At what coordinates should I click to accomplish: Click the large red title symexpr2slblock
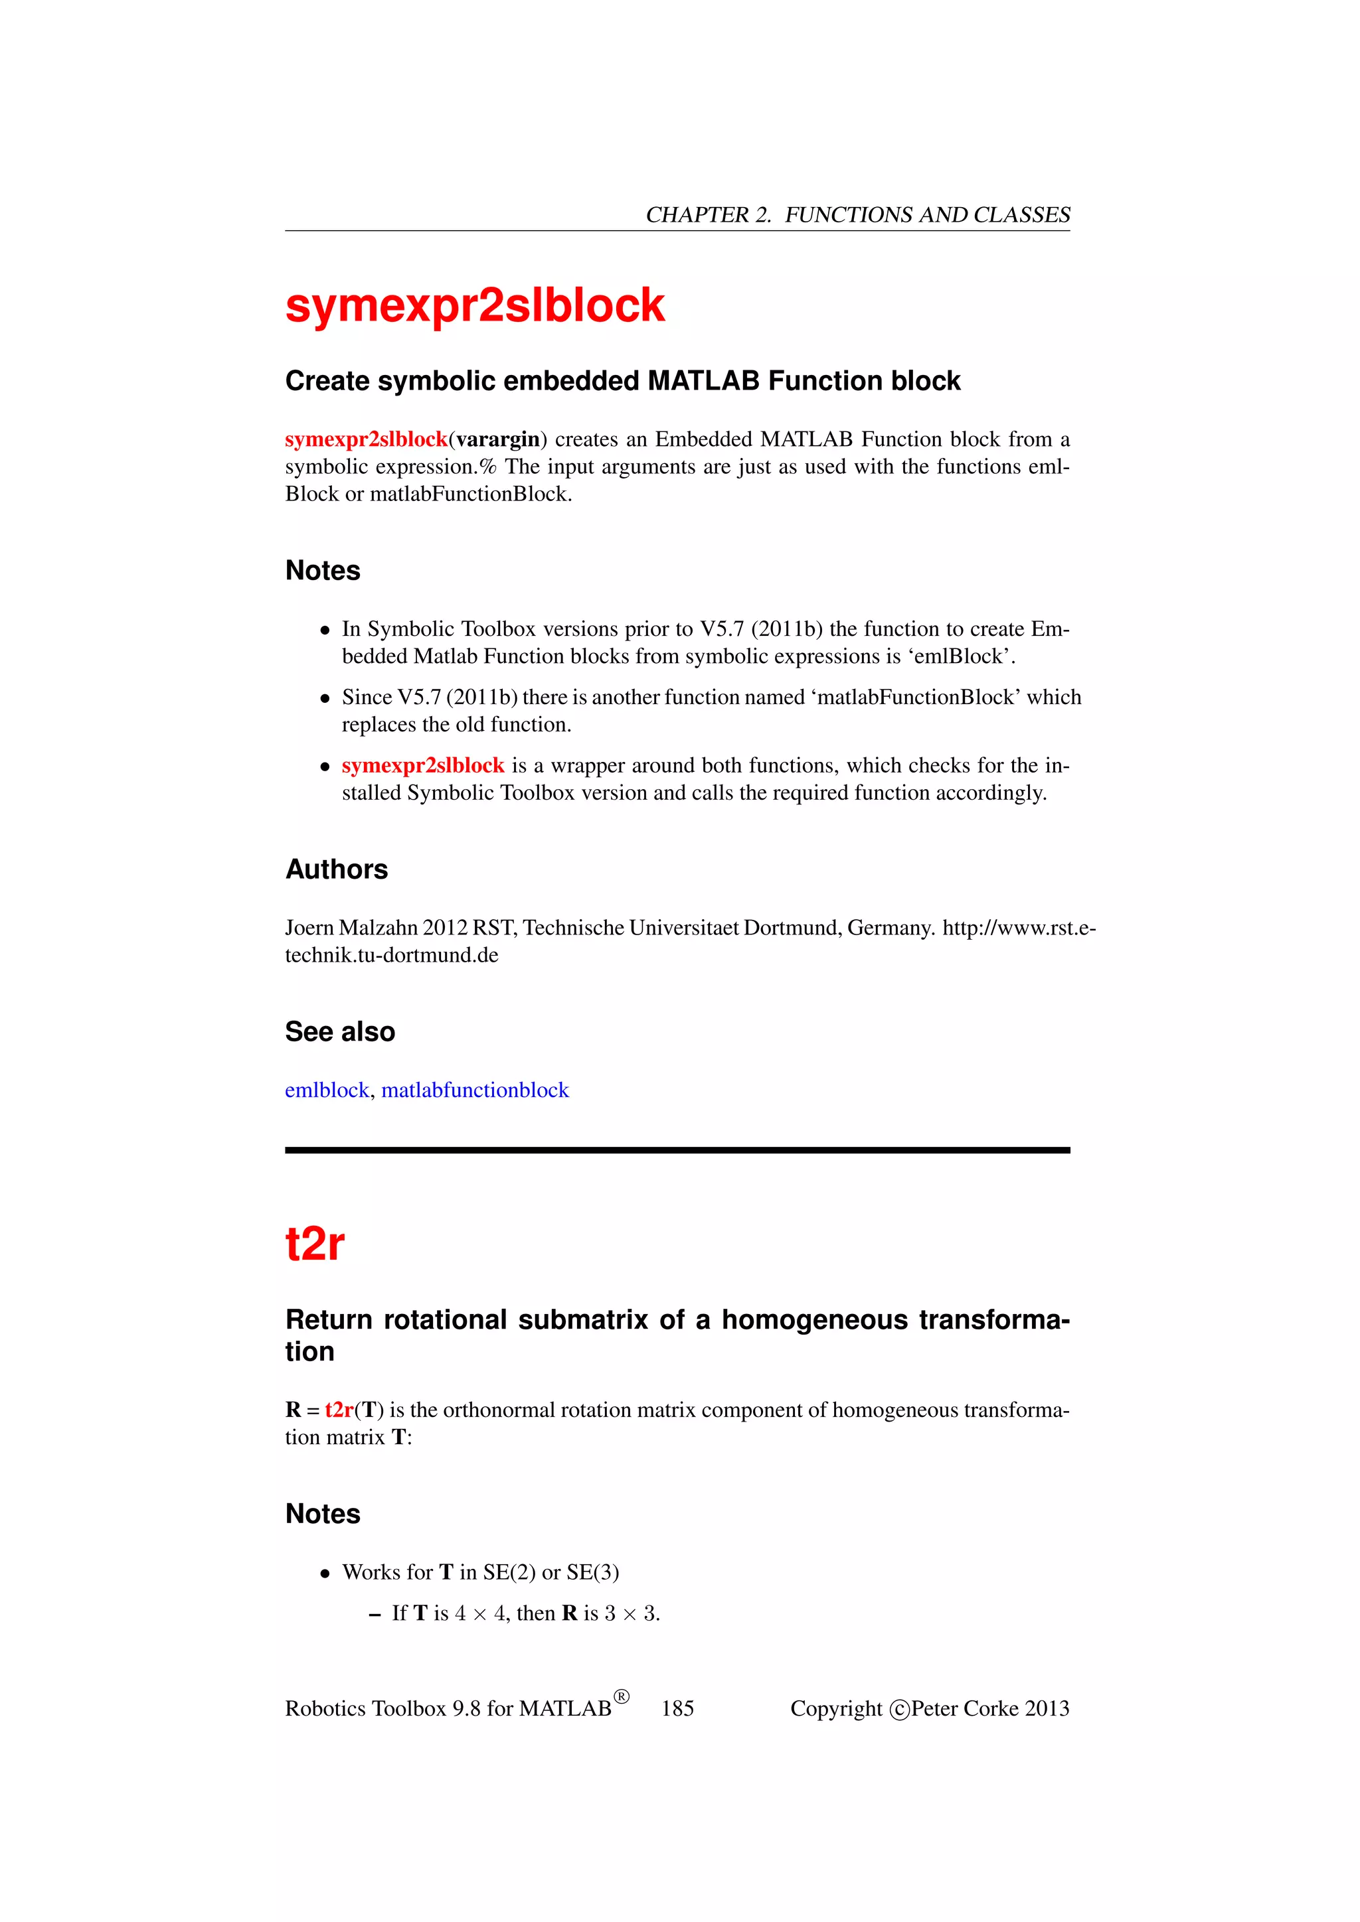[x=475, y=305]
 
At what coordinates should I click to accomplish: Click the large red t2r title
[x=315, y=1244]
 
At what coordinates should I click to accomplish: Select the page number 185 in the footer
[x=677, y=1708]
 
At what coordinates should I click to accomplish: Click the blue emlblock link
[x=327, y=1090]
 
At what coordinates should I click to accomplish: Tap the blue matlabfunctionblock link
[x=475, y=1090]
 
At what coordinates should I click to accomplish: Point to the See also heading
[x=340, y=1031]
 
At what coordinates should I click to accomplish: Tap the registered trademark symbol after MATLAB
[x=622, y=1697]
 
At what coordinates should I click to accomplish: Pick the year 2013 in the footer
[x=1047, y=1708]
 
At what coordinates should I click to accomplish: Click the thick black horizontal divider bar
[x=677, y=1150]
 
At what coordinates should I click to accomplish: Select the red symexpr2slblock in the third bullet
[x=423, y=765]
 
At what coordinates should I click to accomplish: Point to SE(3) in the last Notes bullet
[x=593, y=1572]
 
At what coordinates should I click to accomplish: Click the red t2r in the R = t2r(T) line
[x=339, y=1410]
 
